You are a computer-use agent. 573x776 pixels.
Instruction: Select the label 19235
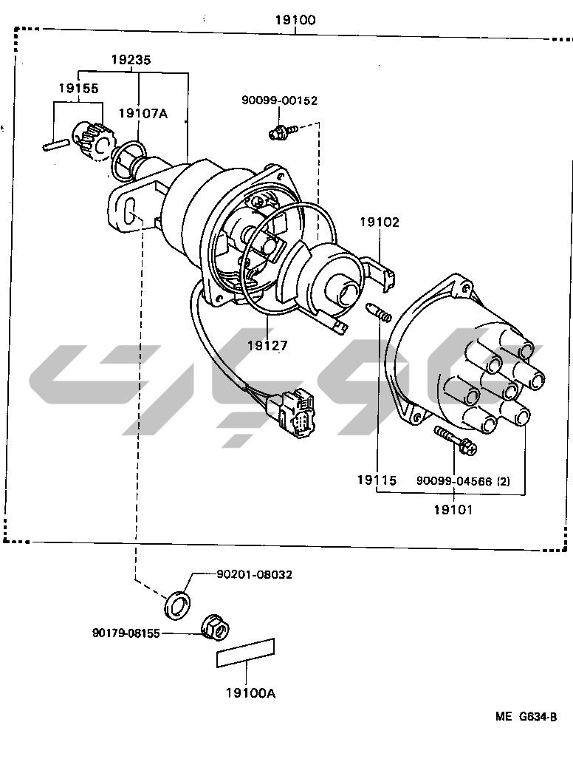(131, 61)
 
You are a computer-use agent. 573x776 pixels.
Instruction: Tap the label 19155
(78, 88)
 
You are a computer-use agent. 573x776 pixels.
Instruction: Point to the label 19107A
(143, 113)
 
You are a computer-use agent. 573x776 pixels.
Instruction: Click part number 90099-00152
(279, 101)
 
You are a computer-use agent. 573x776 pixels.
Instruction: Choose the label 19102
(380, 222)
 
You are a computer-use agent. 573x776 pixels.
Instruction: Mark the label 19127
(267, 345)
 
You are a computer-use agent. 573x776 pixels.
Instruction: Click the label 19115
(377, 480)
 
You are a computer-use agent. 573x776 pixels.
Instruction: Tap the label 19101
(453, 509)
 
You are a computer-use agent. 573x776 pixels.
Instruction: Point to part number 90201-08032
(254, 574)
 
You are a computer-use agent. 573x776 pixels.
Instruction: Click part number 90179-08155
(126, 633)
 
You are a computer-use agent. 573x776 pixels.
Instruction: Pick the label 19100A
(250, 693)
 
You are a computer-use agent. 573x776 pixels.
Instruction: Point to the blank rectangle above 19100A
(246, 653)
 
